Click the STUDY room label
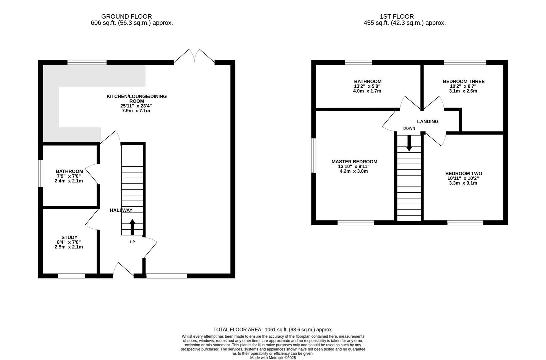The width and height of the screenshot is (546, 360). (x=69, y=237)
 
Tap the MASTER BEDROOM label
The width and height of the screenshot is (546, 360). (x=354, y=162)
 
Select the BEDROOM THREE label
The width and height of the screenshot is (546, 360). (x=463, y=81)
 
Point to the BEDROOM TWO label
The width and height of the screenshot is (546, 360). (x=463, y=173)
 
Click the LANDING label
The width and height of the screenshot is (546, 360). (x=428, y=121)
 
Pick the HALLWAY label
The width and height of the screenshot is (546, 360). (x=121, y=210)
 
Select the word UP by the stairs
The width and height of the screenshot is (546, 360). (x=132, y=242)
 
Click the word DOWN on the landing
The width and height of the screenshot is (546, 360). (x=409, y=128)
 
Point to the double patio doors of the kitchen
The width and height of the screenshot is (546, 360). (x=194, y=57)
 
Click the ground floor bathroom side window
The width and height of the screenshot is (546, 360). (x=40, y=174)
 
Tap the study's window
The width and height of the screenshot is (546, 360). (x=71, y=276)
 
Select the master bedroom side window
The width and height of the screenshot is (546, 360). (x=313, y=156)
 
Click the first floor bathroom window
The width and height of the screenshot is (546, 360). (x=358, y=62)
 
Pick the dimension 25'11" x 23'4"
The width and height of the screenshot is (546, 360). (x=136, y=106)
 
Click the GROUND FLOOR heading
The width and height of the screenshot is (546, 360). (x=126, y=16)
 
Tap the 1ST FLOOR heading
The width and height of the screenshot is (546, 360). (x=396, y=16)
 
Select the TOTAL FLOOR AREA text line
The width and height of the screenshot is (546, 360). (x=273, y=329)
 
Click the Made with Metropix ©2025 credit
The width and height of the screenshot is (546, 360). (x=273, y=358)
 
